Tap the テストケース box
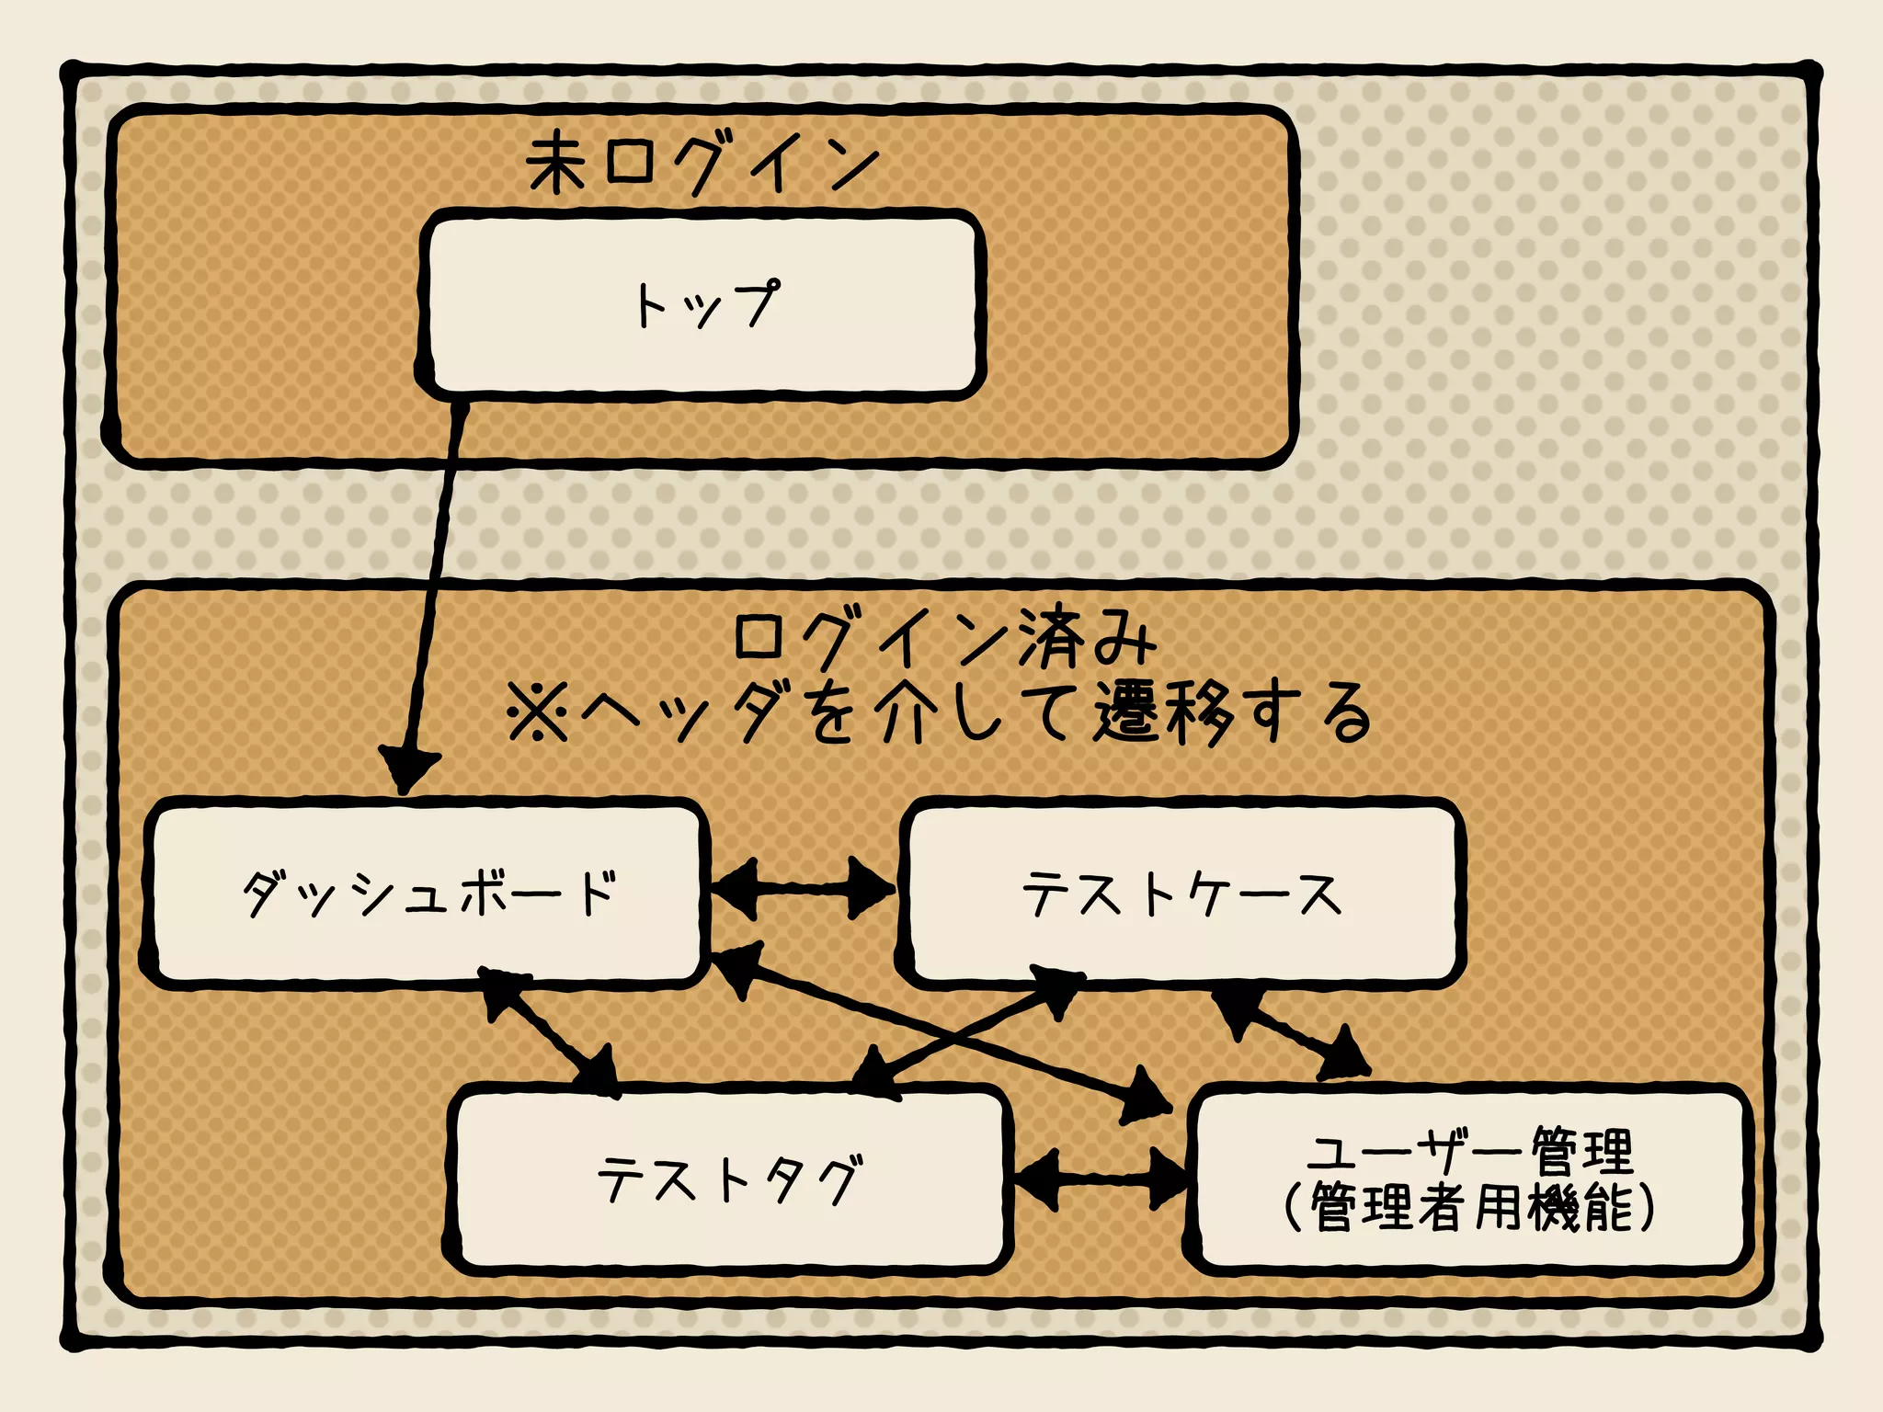(x=1181, y=894)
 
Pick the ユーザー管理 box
(x=1469, y=1179)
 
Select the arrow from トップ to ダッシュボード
(x=434, y=588)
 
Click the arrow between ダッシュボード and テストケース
(x=802, y=888)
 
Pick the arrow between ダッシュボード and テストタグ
(x=549, y=1032)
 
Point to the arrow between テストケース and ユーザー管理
(x=1292, y=1032)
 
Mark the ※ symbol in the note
(x=539, y=713)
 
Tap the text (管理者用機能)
(x=1469, y=1207)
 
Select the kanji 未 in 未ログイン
(x=556, y=163)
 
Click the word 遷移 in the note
(x=1163, y=712)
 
